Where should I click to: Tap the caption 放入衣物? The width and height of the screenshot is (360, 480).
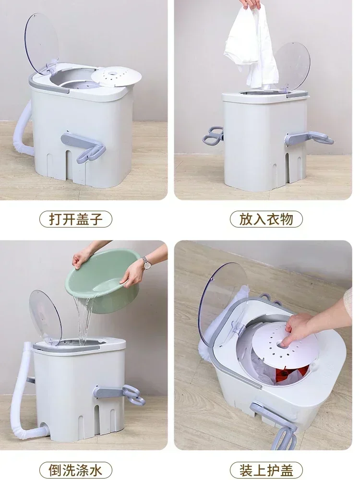tap(265, 219)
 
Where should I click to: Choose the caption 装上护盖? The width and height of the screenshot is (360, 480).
tap(265, 469)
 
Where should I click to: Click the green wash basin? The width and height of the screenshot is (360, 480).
tap(108, 283)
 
